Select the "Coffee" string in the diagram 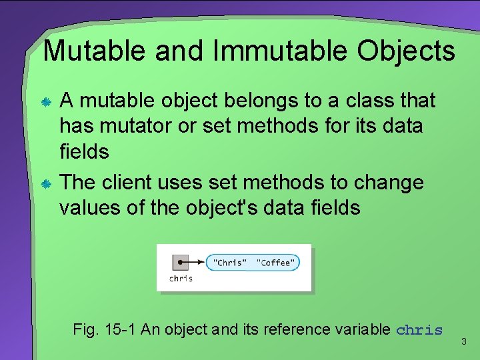pos(275,263)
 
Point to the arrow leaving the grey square pos(195,262)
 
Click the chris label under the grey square pos(181,278)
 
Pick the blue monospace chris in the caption pos(419,330)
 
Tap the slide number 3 pos(464,342)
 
